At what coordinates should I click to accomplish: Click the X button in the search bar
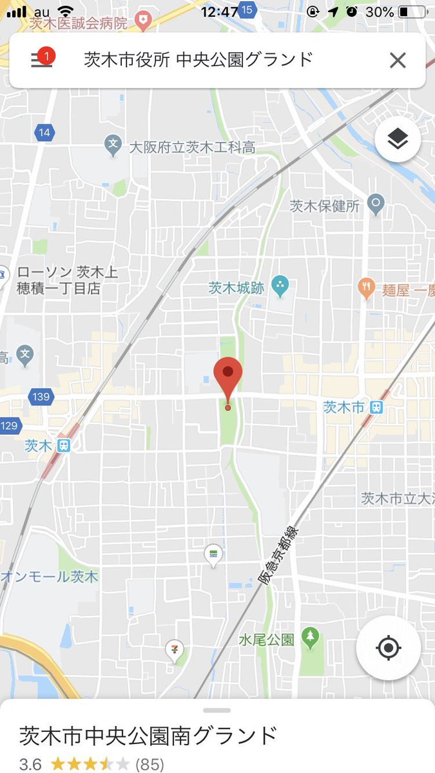coord(398,61)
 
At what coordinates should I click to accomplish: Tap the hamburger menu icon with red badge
coord(42,59)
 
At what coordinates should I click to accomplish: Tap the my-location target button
coord(388,647)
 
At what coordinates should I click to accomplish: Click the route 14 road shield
coord(43,133)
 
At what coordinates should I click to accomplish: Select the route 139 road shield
coord(40,397)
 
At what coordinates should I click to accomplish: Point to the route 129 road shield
coord(10,425)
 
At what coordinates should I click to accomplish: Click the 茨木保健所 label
coord(324,206)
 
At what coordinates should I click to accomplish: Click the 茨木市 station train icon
coord(377,407)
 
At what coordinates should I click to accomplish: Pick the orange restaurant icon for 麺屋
coord(367,287)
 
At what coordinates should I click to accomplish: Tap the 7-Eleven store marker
coord(174,650)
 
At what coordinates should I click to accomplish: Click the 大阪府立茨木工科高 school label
coord(192,147)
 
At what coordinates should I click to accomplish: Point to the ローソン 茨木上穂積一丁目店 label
coord(67,280)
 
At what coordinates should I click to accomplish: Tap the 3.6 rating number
coord(30,764)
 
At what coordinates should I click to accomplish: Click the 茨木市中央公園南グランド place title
coord(148,736)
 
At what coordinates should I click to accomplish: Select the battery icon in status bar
coord(412,12)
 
